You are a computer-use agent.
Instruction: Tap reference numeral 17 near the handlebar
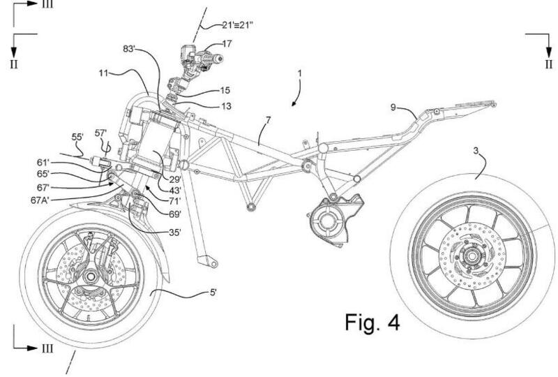click(228, 44)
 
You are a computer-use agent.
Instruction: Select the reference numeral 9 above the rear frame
click(395, 106)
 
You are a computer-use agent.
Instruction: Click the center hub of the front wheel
click(91, 276)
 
